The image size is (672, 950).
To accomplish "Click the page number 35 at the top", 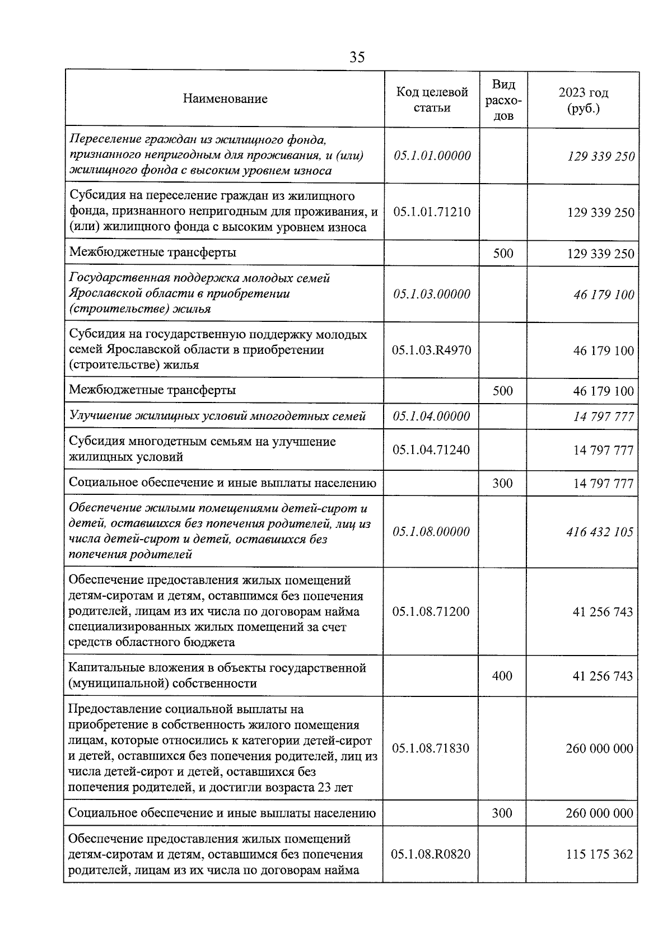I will click(357, 57).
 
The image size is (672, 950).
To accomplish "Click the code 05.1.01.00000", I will click(432, 156).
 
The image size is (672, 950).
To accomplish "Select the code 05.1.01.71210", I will click(432, 212).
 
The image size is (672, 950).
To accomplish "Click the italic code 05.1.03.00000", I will click(432, 294).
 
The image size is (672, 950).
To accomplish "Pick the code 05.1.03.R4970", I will click(432, 350).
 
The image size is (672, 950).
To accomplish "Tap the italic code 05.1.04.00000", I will click(431, 416).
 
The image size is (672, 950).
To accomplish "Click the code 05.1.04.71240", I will click(431, 450).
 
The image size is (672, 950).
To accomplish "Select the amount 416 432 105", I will click(600, 532).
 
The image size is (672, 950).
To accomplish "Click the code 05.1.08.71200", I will click(431, 611).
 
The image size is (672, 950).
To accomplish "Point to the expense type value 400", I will click(502, 676).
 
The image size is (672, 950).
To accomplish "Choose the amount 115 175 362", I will click(599, 854).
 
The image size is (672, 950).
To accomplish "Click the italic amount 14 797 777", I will click(603, 416).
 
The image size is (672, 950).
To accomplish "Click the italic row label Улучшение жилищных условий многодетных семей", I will click(217, 416).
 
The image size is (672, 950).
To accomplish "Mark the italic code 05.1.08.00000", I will click(431, 532).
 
